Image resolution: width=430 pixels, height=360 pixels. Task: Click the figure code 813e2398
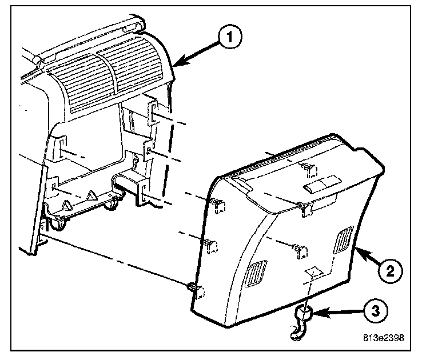tap(385, 338)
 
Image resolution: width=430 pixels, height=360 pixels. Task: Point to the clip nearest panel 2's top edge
tap(308, 167)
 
